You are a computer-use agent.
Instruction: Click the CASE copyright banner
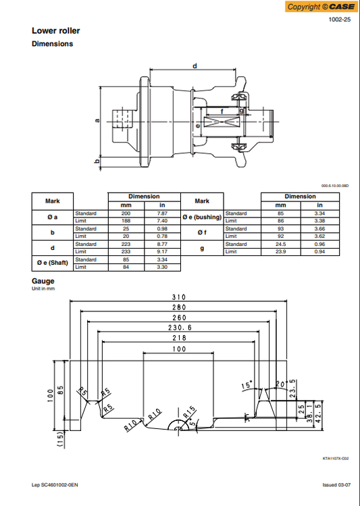(321, 7)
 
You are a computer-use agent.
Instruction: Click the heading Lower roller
(55, 30)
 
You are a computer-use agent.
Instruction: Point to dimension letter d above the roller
(195, 66)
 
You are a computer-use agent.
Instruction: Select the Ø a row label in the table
(52, 217)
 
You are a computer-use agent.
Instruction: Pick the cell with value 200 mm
(126, 213)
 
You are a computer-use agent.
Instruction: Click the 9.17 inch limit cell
(162, 251)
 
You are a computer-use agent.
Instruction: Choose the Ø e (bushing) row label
(202, 217)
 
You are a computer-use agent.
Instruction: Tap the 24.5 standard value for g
(282, 244)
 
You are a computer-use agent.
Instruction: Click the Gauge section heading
(43, 281)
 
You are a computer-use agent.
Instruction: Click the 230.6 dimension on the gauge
(178, 327)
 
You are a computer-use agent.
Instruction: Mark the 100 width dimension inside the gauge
(178, 349)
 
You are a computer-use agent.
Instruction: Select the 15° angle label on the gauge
(248, 386)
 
